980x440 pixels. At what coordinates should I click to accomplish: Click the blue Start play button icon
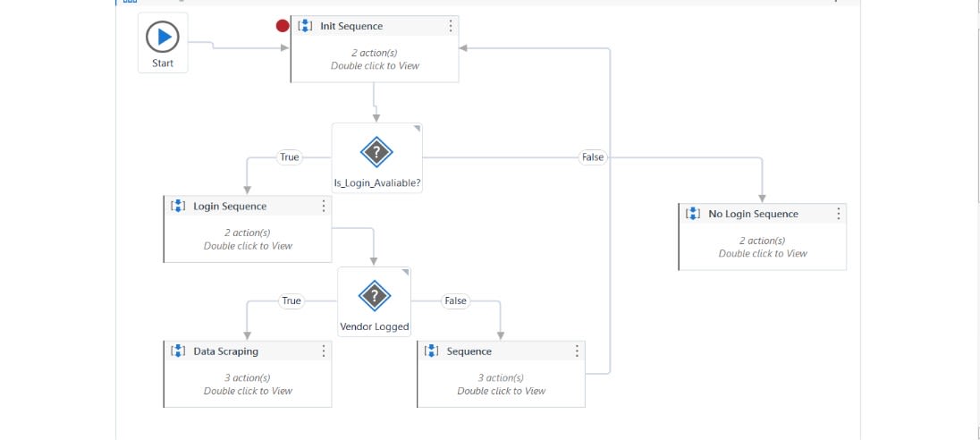coord(163,37)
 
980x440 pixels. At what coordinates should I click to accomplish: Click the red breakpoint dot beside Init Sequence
coord(283,26)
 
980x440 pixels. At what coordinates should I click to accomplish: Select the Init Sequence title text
coord(351,26)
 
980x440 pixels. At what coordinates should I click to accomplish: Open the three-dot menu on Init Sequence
coord(451,26)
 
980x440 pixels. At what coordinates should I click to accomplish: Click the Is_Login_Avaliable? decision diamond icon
coord(376,153)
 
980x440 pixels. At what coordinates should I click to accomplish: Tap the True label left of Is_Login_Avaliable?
coord(290,157)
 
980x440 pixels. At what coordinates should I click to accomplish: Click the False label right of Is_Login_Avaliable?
coord(593,157)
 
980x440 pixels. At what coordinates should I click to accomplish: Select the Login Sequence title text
coord(230,207)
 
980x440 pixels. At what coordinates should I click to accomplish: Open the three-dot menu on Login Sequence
coord(324,207)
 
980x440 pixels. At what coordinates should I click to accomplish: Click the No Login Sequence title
coord(753,214)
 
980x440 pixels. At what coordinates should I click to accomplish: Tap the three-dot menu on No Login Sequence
coord(839,214)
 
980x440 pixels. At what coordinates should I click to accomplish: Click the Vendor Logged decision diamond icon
coord(374,296)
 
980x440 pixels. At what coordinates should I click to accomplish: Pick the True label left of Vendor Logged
coord(291,301)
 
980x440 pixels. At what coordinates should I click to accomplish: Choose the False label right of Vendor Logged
coord(456,301)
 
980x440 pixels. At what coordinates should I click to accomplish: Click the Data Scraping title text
coord(225,351)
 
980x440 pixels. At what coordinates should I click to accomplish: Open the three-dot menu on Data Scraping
coord(324,351)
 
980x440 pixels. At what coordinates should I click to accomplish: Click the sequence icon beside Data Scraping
coord(178,351)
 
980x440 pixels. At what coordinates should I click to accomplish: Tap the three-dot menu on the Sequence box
coord(577,351)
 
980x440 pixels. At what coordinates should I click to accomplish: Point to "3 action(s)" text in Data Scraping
coord(248,377)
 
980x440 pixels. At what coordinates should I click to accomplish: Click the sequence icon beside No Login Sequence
coord(693,214)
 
